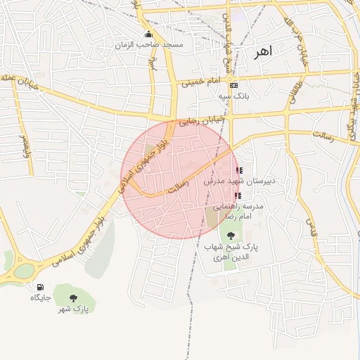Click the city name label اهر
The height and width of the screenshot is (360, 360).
click(x=264, y=52)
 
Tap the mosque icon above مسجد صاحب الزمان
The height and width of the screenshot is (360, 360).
click(x=148, y=34)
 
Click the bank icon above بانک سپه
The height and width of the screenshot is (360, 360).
click(x=234, y=85)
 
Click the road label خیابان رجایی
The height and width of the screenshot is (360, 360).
click(x=201, y=121)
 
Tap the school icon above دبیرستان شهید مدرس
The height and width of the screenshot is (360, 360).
click(x=239, y=170)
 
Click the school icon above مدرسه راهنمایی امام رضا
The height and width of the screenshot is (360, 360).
click(x=238, y=195)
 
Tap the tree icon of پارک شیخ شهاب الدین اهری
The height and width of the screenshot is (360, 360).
click(x=232, y=236)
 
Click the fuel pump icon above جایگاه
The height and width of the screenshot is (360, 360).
click(x=40, y=287)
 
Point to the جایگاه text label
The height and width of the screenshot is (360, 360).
click(x=41, y=297)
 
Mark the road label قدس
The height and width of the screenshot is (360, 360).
click(x=309, y=226)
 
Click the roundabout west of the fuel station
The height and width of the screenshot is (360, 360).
click(x=25, y=271)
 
